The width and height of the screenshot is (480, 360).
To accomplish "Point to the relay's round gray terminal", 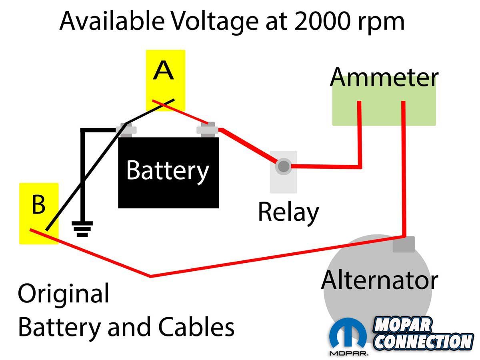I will (284, 166).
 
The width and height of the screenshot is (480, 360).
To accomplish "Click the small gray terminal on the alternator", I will (403, 244).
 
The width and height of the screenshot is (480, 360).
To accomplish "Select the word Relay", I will (288, 212).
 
